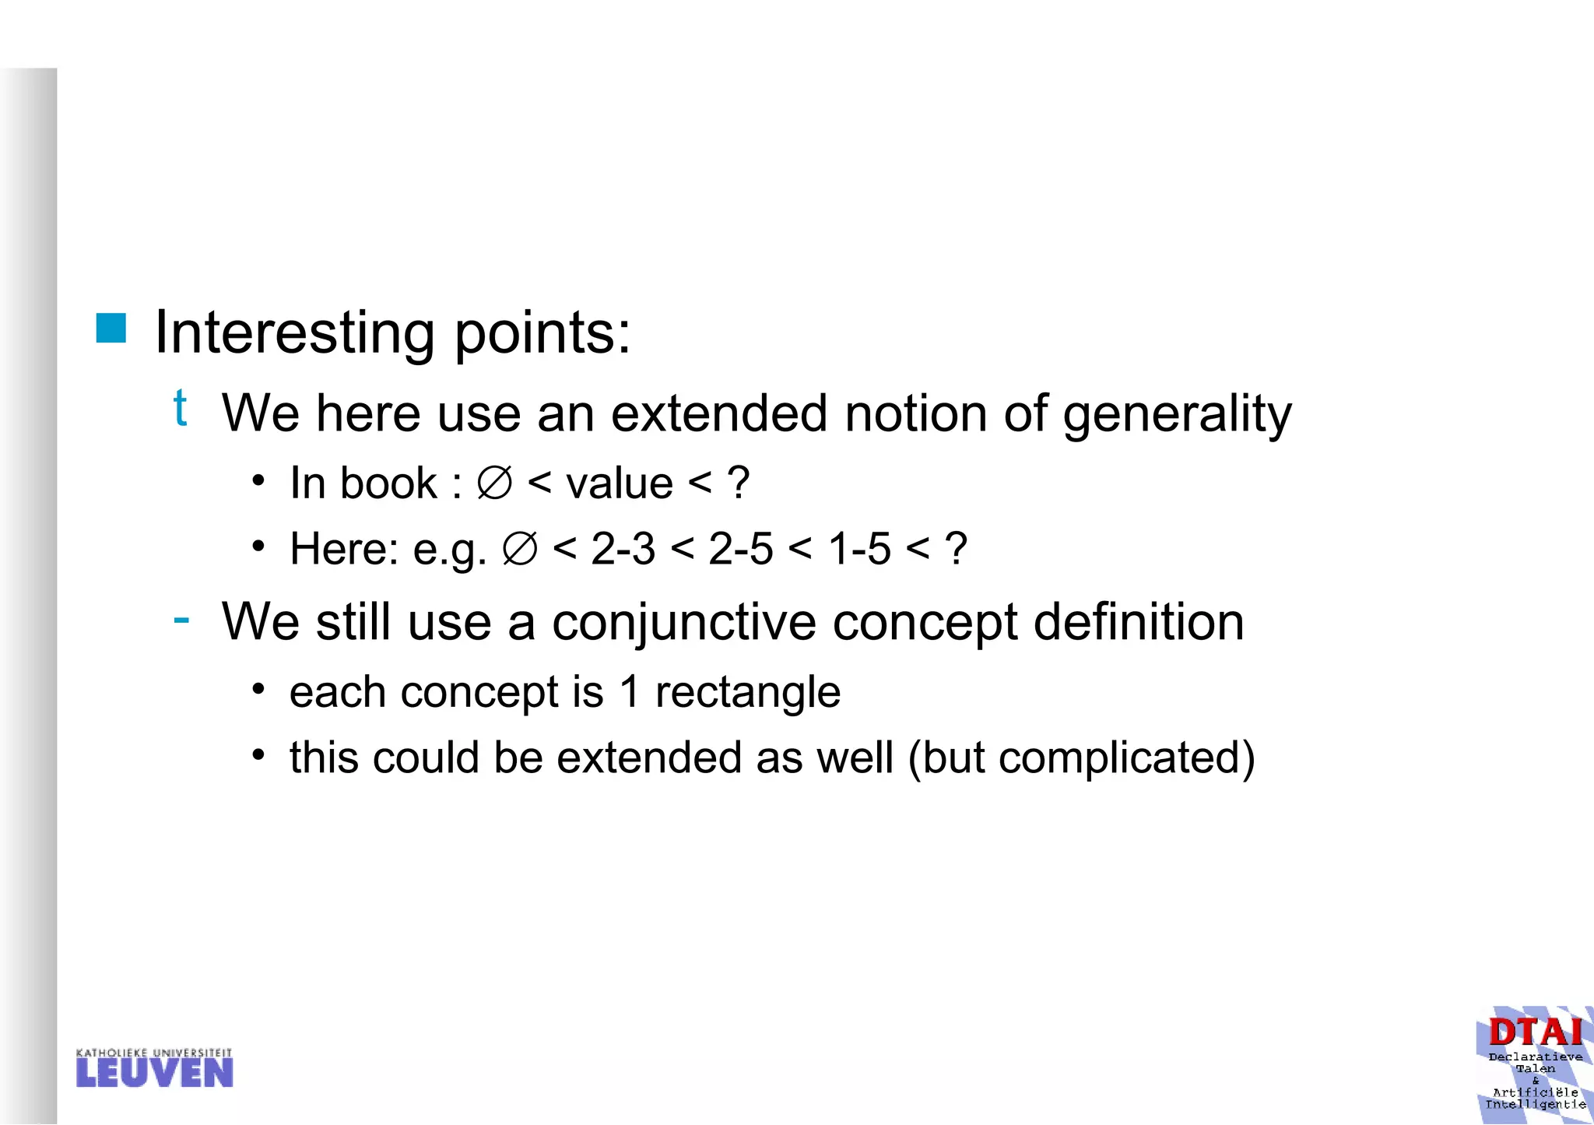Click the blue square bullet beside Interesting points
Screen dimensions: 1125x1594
(x=111, y=328)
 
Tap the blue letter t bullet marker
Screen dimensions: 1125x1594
(x=180, y=407)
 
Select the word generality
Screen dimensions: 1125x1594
(x=1177, y=414)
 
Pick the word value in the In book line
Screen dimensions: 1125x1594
(x=620, y=483)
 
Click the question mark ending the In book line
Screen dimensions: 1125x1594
(x=738, y=483)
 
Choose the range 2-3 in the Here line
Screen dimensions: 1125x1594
(x=623, y=549)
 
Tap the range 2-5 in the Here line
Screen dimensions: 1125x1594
(x=740, y=549)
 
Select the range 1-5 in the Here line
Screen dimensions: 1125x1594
(x=858, y=549)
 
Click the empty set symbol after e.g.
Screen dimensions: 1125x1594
(x=519, y=549)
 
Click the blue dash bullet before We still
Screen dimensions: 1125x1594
(x=181, y=620)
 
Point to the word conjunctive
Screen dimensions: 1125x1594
(x=684, y=623)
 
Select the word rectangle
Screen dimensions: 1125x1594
(x=747, y=692)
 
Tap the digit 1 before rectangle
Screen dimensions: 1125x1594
(x=630, y=692)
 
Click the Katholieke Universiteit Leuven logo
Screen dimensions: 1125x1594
(x=154, y=1068)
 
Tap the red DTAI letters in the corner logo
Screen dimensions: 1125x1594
(x=1535, y=1033)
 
